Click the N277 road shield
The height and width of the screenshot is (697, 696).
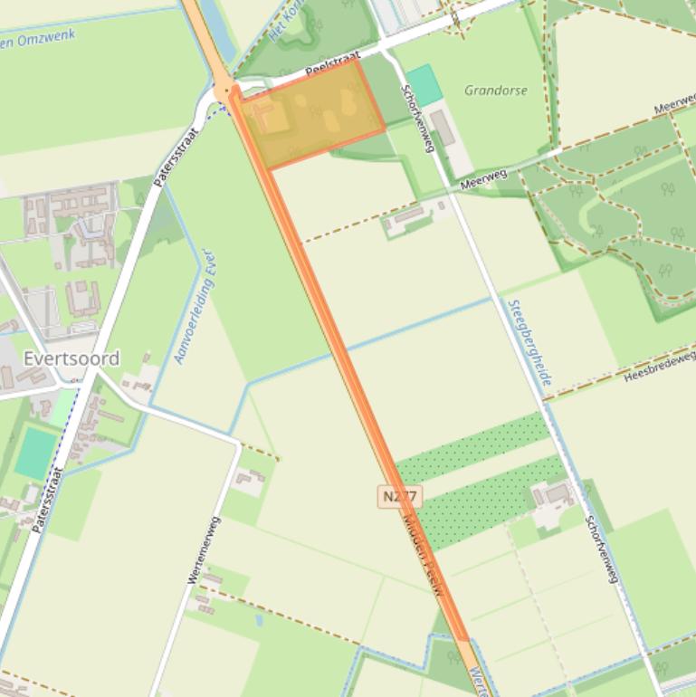400,497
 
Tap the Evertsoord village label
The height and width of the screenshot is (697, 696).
72,358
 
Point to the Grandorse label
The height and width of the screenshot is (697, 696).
495,91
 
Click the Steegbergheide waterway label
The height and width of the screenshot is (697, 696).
529,343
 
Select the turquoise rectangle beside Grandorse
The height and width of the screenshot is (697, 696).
424,84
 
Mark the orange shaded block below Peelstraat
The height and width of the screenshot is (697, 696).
312,113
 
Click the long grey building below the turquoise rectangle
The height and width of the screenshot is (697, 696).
443,129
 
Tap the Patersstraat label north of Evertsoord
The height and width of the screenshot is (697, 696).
167,157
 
